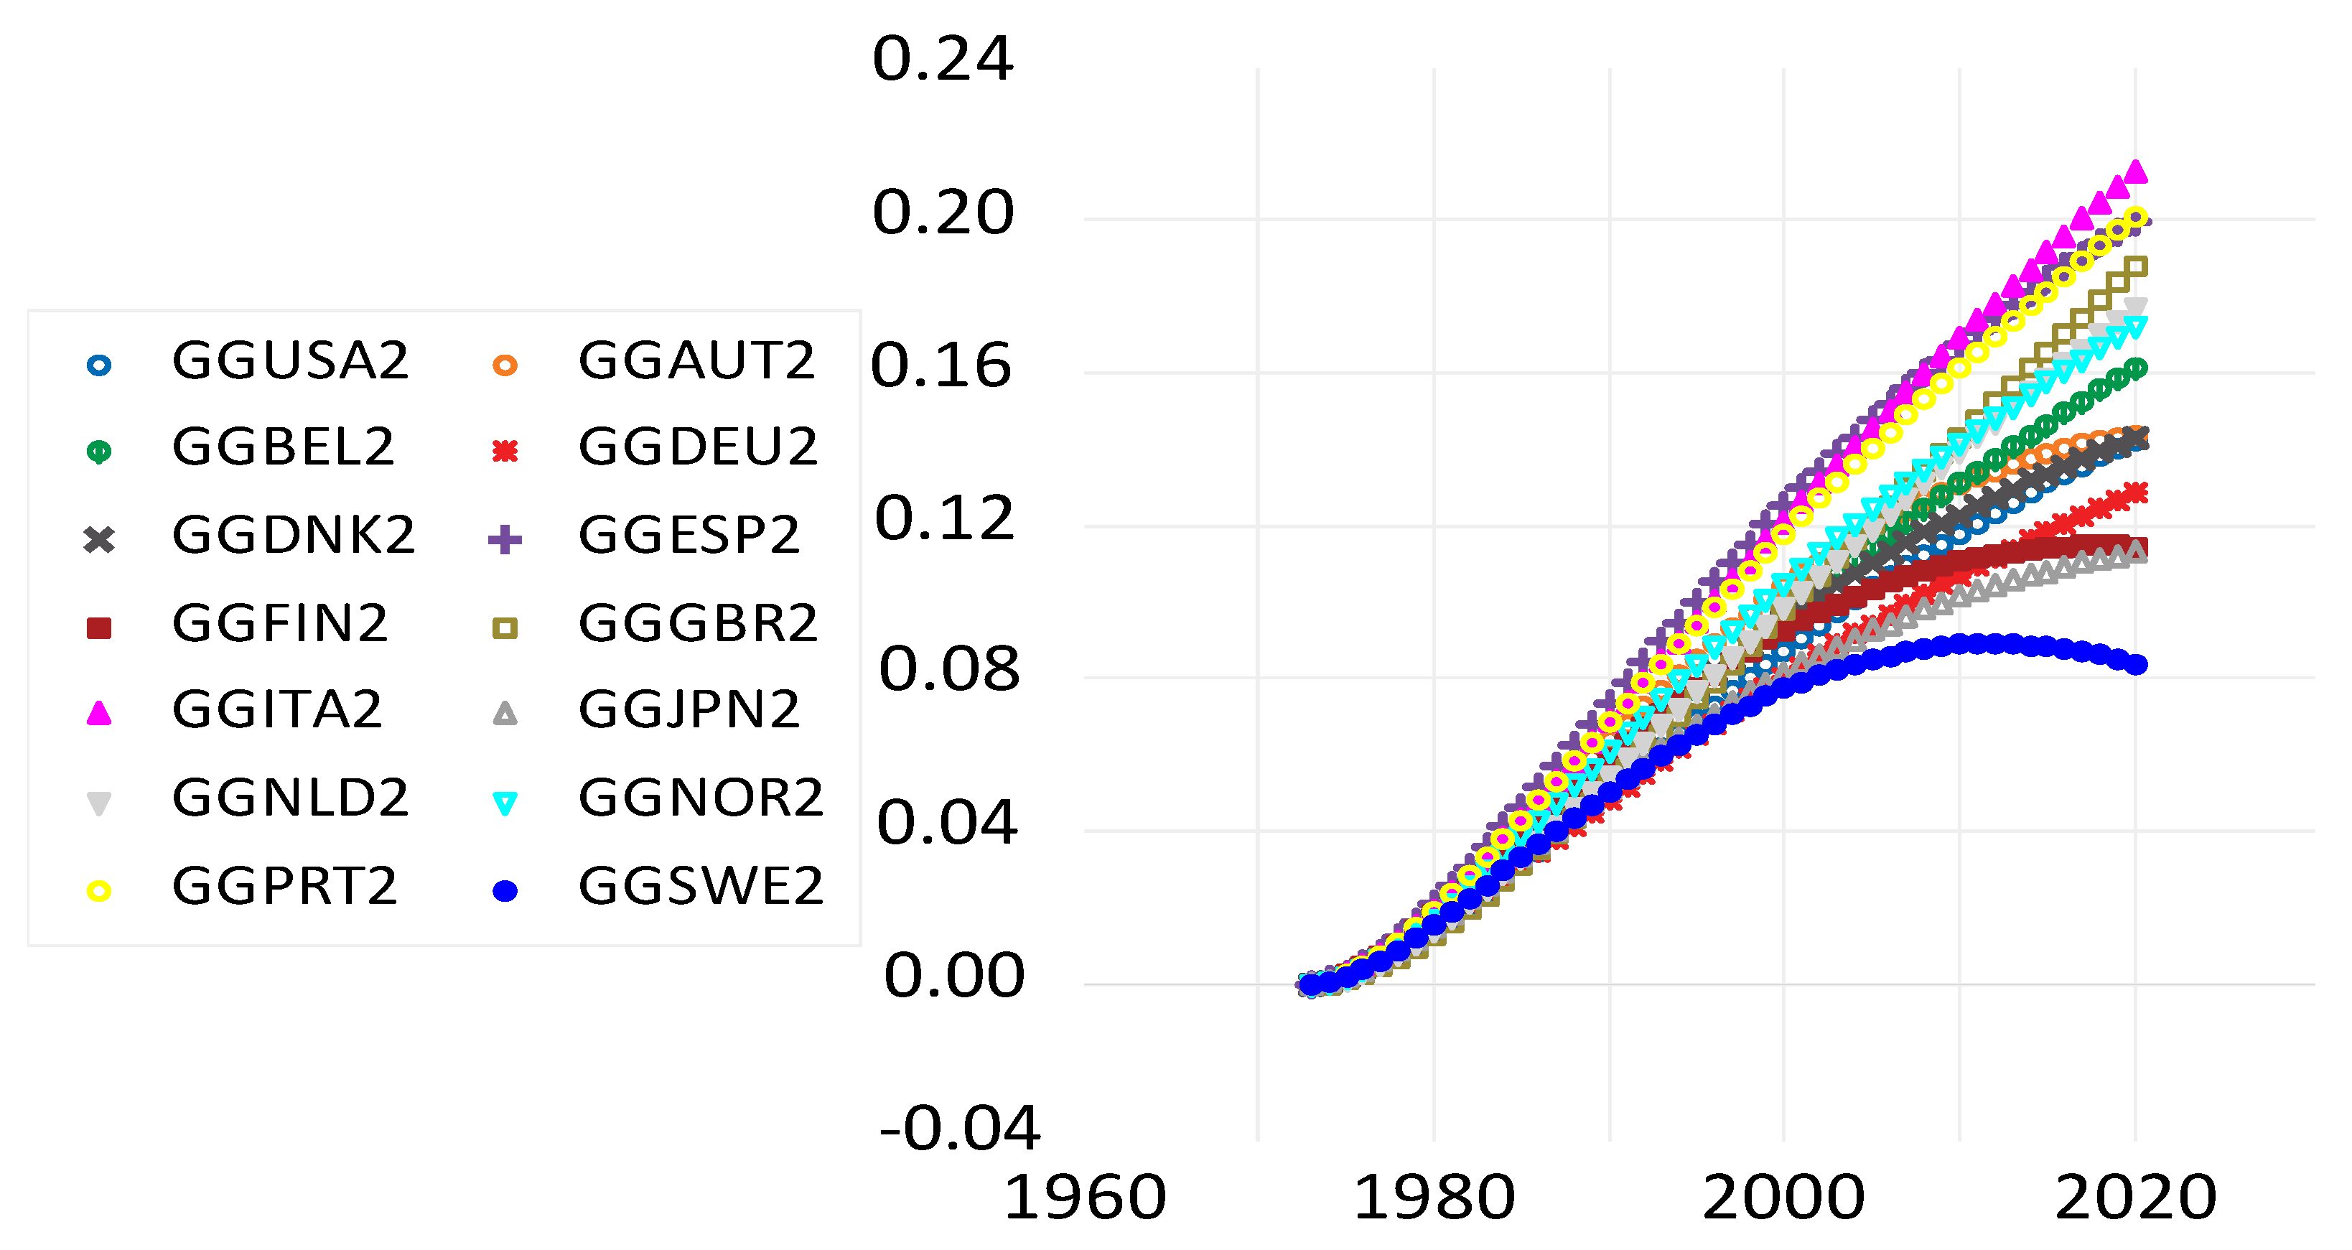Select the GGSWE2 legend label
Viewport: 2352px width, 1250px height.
click(x=700, y=887)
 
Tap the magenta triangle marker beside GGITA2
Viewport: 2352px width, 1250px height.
click(x=98, y=713)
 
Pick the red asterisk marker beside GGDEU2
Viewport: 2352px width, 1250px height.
click(x=505, y=451)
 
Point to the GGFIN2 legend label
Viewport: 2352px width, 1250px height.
click(x=280, y=624)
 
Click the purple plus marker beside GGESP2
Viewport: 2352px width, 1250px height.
click(x=505, y=540)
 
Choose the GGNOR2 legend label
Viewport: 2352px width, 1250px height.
click(x=700, y=799)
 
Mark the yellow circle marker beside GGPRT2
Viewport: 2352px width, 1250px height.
click(x=98, y=891)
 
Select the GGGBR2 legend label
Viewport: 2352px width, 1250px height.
click(x=698, y=624)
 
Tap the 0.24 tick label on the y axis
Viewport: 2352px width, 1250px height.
click(x=942, y=60)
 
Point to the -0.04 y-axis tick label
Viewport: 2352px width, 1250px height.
click(x=958, y=1129)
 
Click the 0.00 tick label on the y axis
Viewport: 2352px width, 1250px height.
click(x=954, y=976)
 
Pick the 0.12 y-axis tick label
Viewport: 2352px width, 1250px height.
click(x=944, y=518)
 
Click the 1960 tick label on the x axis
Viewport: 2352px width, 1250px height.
click(x=1085, y=1198)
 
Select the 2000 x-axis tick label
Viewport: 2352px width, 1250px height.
click(x=1783, y=1198)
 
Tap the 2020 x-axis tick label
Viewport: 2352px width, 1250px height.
click(x=2134, y=1198)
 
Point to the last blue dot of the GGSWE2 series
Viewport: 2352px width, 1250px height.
click(x=2137, y=665)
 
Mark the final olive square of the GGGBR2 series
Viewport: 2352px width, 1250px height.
click(x=2137, y=266)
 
